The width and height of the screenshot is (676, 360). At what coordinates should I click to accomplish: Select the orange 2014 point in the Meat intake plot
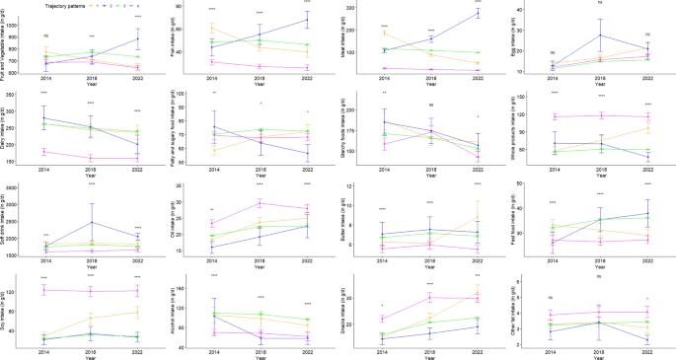point(383,34)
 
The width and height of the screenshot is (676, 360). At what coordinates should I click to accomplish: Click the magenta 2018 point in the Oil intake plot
point(260,203)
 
